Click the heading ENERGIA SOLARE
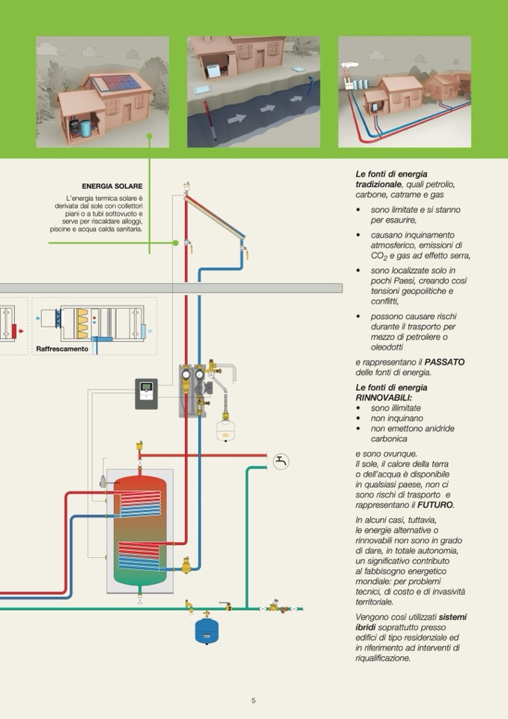pyautogui.click(x=112, y=186)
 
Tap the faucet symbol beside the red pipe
pyautogui.click(x=281, y=461)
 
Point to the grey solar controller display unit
pyautogui.click(x=146, y=394)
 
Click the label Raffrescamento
pyautogui.click(x=62, y=349)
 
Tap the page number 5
pyautogui.click(x=253, y=700)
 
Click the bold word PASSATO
pyautogui.click(x=445, y=362)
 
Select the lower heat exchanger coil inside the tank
pyautogui.click(x=139, y=558)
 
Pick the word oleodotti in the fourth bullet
pyautogui.click(x=387, y=347)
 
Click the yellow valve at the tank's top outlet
pyautogui.click(x=140, y=446)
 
